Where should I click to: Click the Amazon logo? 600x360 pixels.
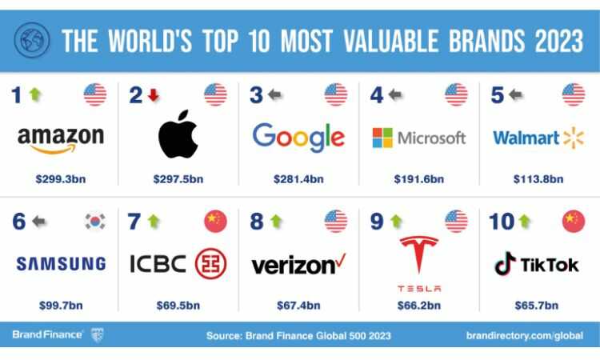click(x=61, y=140)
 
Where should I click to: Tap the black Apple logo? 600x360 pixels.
click(x=178, y=134)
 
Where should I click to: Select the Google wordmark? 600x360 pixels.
click(x=298, y=138)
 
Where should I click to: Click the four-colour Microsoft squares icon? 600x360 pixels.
click(x=382, y=138)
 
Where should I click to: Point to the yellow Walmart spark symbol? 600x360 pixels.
click(x=574, y=138)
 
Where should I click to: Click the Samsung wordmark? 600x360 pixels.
click(x=62, y=263)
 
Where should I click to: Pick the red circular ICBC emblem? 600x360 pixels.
click(x=211, y=263)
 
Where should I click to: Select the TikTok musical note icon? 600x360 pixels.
click(x=505, y=263)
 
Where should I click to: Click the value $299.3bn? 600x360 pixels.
click(x=61, y=179)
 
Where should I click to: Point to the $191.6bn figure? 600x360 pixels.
click(x=419, y=179)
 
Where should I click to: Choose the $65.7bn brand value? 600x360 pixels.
click(x=537, y=306)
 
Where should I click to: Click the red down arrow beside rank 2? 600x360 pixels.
click(x=154, y=95)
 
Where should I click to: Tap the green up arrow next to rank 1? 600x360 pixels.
click(x=35, y=94)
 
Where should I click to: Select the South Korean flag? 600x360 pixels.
click(x=95, y=222)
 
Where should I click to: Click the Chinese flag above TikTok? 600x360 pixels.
click(x=574, y=221)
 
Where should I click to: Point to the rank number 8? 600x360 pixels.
click(x=256, y=222)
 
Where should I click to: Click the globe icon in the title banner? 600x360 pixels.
click(x=32, y=40)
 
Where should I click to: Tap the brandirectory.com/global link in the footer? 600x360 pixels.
click(x=525, y=336)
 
